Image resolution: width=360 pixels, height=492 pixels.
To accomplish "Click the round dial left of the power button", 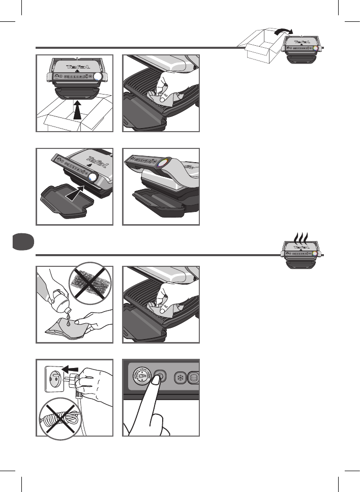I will (x=142, y=378).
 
